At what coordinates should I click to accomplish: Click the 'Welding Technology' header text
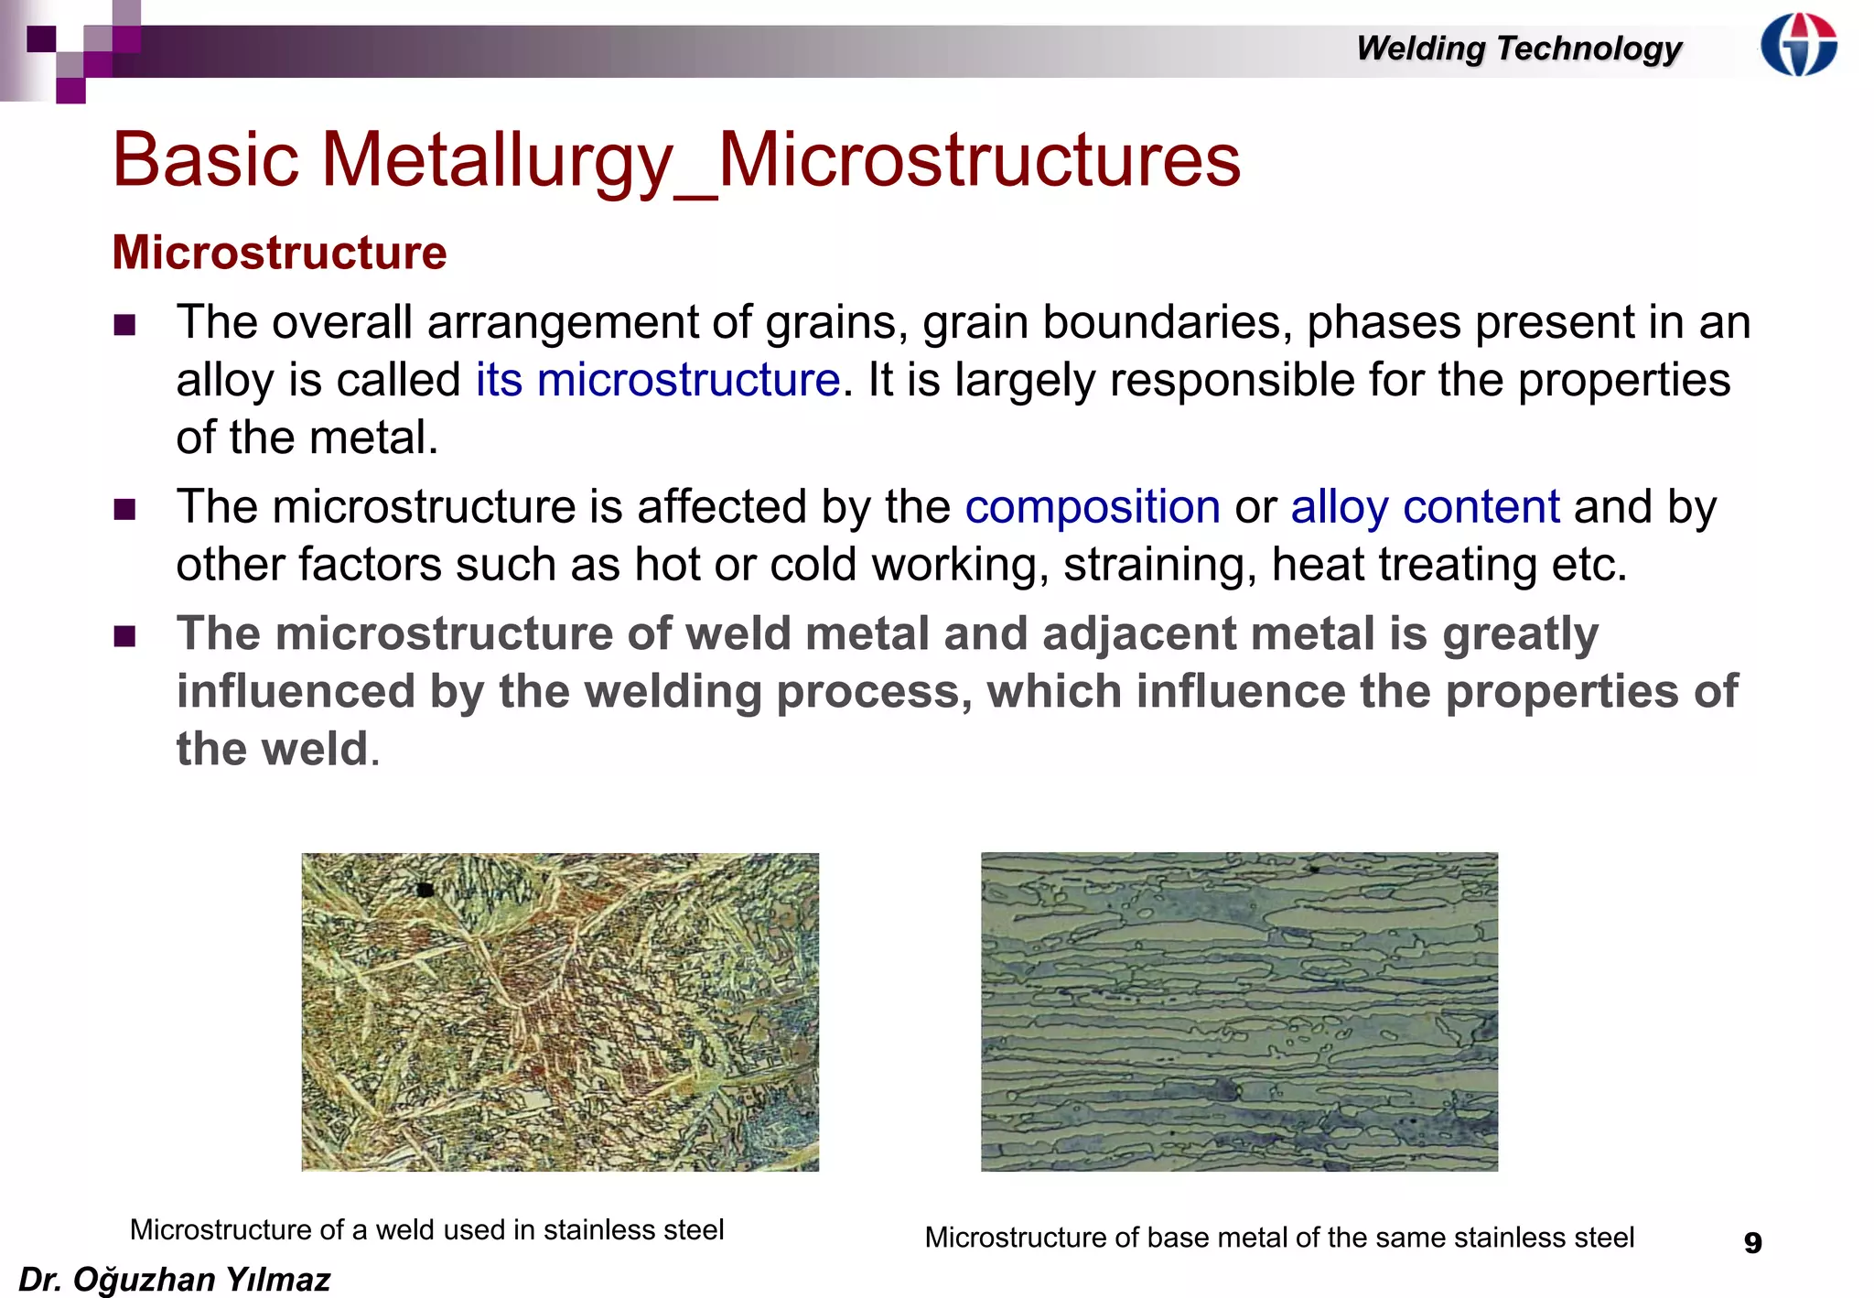click(1518, 48)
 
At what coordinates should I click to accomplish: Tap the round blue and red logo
click(1798, 44)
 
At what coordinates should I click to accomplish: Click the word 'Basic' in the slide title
click(206, 160)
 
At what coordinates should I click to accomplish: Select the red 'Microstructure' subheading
click(279, 253)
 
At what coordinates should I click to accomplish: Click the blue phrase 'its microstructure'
click(657, 380)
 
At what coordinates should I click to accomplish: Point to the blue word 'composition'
click(1092, 507)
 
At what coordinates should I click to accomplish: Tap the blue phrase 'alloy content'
click(1425, 507)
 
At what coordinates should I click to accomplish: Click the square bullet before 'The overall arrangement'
click(125, 325)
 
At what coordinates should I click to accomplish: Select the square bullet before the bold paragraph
click(125, 636)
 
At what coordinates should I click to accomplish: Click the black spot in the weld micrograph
click(425, 889)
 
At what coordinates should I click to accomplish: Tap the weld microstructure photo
click(560, 1011)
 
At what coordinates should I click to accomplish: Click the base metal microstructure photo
click(1239, 1011)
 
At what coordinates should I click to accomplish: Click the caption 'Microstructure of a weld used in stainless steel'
click(426, 1229)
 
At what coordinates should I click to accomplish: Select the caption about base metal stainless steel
click(1278, 1238)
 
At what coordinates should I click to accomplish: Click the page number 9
click(1752, 1242)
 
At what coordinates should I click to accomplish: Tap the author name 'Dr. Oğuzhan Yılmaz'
click(174, 1279)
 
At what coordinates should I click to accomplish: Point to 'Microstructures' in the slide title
click(978, 160)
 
